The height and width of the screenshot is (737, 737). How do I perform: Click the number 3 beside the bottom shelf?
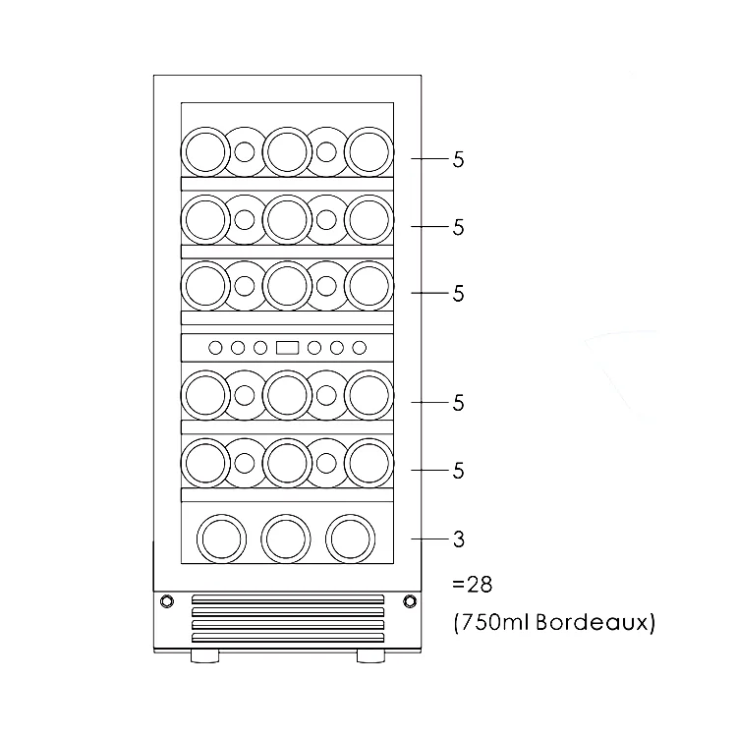click(x=458, y=539)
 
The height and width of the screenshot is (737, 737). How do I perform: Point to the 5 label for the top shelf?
click(x=458, y=160)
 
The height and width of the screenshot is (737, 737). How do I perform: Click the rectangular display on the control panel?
click(x=287, y=347)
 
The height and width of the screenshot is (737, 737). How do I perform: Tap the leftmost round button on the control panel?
click(x=214, y=347)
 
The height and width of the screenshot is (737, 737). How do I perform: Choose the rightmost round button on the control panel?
click(x=360, y=347)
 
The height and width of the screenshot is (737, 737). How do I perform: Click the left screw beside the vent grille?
click(x=165, y=601)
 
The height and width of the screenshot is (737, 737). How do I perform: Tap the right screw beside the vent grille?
click(x=409, y=601)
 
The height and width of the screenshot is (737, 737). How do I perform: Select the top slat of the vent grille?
click(x=287, y=597)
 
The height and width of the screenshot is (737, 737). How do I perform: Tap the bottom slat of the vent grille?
click(x=287, y=637)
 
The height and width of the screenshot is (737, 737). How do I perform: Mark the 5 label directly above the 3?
click(x=458, y=471)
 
